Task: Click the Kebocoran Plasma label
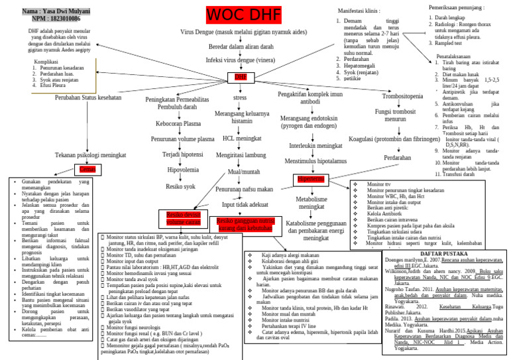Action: coord(178,124)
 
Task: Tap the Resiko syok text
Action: coord(180,186)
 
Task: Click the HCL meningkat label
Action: coord(241,139)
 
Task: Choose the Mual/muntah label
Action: coord(243,172)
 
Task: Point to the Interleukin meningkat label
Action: coord(311,145)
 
